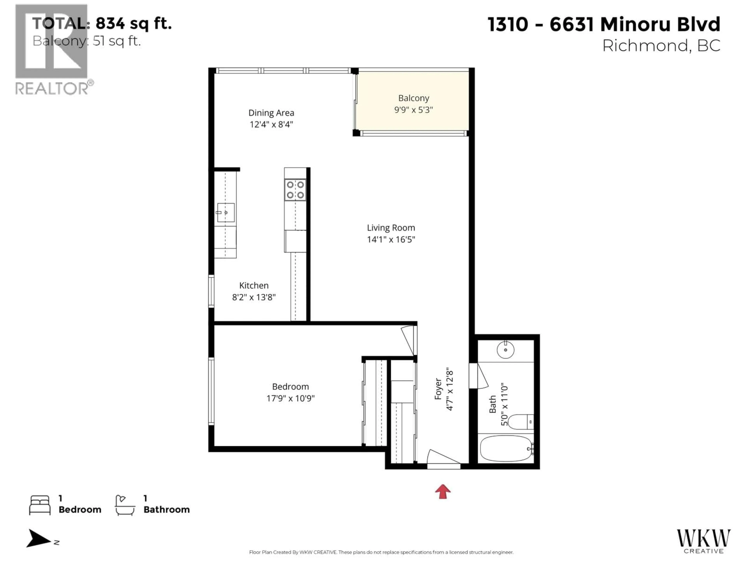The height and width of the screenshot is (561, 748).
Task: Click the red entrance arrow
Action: [x=443, y=491]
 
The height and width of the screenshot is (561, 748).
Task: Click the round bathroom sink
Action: [x=505, y=350]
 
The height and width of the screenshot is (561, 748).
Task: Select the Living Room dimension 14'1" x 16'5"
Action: [x=391, y=239]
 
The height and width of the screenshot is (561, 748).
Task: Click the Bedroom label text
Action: [x=290, y=386]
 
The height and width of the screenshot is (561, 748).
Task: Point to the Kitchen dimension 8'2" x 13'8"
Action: [x=254, y=297]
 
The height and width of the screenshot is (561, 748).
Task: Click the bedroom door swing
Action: [x=408, y=340]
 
